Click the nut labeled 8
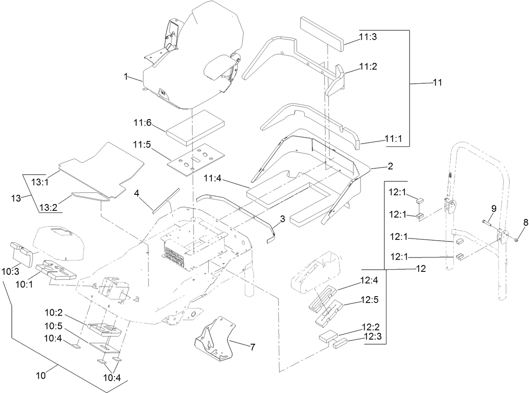pyautogui.click(x=516, y=240)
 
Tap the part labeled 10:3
pyautogui.click(x=21, y=252)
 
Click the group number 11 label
pyautogui.click(x=437, y=82)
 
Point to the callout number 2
pyautogui.click(x=390, y=166)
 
